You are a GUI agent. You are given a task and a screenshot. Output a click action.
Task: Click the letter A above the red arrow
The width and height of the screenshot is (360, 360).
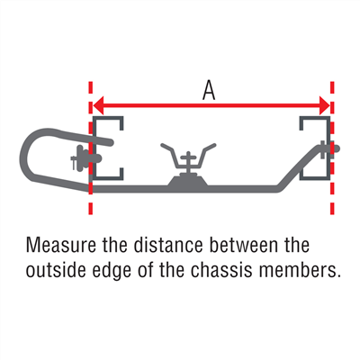pyautogui.click(x=209, y=91)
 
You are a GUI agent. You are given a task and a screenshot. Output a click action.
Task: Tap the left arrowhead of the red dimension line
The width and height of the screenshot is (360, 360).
pyautogui.click(x=98, y=105)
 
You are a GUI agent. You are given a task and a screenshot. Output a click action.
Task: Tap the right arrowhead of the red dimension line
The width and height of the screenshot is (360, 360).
pyautogui.click(x=325, y=105)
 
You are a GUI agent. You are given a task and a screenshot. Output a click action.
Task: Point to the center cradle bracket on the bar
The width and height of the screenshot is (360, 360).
pyautogui.click(x=188, y=159)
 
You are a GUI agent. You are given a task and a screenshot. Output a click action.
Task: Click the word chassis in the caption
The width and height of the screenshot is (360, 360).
pyautogui.click(x=222, y=270)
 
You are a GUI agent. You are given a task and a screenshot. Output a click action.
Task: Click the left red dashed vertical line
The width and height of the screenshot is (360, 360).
pyautogui.click(x=91, y=148)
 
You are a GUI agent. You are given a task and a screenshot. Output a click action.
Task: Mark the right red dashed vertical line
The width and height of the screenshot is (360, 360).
pyautogui.click(x=332, y=148)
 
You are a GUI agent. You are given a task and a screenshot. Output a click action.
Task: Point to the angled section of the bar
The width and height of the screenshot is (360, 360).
pyautogui.click(x=298, y=169)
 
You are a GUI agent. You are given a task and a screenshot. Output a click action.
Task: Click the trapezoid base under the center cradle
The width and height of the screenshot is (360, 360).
pyautogui.click(x=188, y=181)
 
